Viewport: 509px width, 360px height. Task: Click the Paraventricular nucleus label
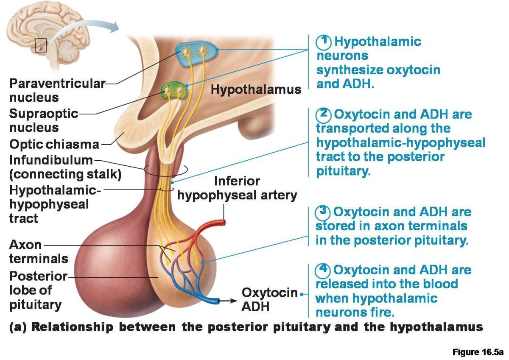tap(56, 90)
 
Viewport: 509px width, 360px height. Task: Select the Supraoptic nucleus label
tap(44, 120)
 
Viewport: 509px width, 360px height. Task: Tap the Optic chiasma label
tap(54, 144)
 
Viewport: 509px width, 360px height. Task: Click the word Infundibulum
tap(51, 161)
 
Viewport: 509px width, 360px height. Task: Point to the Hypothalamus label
tap(256, 89)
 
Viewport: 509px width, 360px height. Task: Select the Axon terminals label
tap(38, 251)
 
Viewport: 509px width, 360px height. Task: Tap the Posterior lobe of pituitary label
tap(38, 290)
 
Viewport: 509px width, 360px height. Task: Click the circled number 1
tap(324, 42)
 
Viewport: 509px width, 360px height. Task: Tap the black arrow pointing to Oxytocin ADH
tap(228, 301)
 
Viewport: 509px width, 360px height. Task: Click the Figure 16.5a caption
tap(478, 352)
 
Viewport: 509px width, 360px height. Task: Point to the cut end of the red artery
tap(224, 222)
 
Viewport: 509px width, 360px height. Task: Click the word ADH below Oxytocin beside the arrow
tap(255, 306)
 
